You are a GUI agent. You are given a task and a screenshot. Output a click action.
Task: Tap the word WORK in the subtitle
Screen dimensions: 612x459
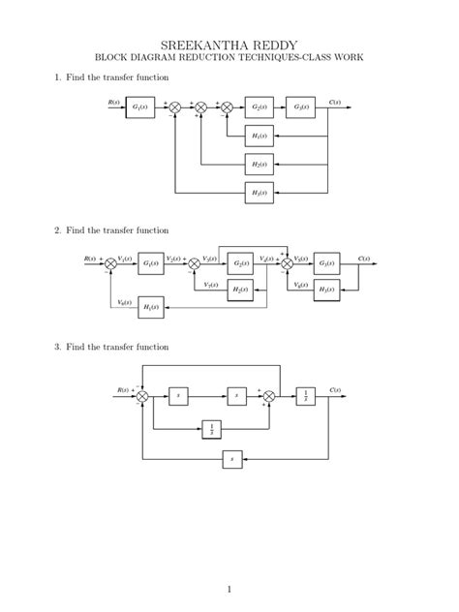tap(347, 58)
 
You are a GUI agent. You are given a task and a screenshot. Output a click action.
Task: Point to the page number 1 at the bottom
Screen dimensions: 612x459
tap(229, 589)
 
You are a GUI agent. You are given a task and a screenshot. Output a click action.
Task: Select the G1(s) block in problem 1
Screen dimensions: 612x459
tap(140, 107)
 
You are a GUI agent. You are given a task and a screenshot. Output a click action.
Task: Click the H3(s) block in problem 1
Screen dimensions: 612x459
tap(259, 193)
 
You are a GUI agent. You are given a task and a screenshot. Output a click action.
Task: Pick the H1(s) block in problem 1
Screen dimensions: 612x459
tap(259, 136)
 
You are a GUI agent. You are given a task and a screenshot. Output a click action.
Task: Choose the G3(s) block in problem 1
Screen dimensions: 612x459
tap(300, 107)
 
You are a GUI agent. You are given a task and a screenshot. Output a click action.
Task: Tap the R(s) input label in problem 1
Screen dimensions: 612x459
tap(114, 102)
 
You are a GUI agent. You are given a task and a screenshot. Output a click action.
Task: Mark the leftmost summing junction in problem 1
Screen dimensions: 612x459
tap(175, 108)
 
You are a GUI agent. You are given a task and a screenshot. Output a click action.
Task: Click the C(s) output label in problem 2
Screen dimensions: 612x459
tap(364, 259)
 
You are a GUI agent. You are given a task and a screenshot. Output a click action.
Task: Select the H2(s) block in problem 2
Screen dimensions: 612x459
tap(240, 291)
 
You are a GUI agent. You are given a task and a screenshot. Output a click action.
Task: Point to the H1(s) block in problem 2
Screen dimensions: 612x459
tap(151, 308)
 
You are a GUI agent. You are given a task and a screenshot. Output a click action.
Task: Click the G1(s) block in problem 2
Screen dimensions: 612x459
tap(151, 262)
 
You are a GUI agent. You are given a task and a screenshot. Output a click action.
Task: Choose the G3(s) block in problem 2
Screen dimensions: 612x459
tap(327, 262)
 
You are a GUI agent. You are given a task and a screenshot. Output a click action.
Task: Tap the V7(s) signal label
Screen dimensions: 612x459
tap(210, 285)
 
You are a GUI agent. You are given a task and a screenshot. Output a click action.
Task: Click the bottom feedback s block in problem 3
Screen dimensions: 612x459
tap(232, 459)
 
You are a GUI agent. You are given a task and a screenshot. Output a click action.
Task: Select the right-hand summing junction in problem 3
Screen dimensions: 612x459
tap(269, 396)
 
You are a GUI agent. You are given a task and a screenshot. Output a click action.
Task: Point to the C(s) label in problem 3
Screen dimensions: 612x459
tap(335, 390)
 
